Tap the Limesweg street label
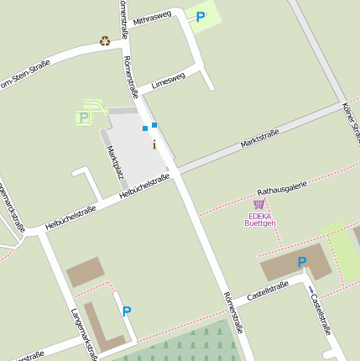tap(168, 81)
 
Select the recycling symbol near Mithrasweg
tap(105, 40)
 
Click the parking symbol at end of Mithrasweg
tap(201, 16)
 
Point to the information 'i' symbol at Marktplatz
tap(154, 144)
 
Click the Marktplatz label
tap(116, 162)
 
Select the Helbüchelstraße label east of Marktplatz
tap(144, 187)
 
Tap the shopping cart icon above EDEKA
tap(258, 204)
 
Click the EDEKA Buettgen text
tap(260, 219)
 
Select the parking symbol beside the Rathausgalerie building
tap(302, 262)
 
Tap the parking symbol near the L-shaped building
tap(127, 311)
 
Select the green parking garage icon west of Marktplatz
tap(84, 118)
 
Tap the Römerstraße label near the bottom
tap(232, 312)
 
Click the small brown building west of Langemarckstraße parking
tap(85, 272)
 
